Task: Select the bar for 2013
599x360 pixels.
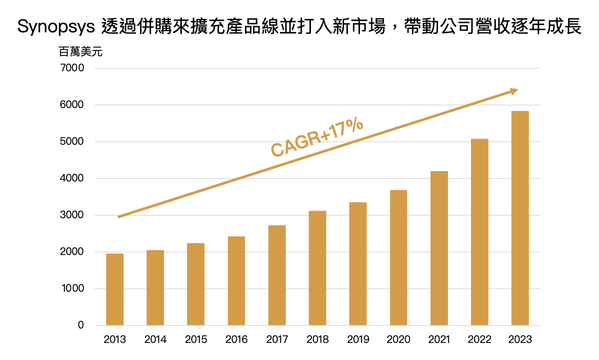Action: [115, 289]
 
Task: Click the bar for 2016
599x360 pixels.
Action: [236, 281]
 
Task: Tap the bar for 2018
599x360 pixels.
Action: [317, 268]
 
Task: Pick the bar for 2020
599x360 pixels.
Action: [399, 258]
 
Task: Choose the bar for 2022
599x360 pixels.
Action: [479, 232]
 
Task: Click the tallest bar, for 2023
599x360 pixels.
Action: [520, 218]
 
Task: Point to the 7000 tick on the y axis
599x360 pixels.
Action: [72, 68]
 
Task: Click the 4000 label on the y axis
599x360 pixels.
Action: [72, 178]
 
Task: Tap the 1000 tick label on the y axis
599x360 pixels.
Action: [73, 288]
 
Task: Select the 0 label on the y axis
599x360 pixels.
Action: [81, 325]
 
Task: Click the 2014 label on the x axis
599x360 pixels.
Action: [156, 339]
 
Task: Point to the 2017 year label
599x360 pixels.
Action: [277, 339]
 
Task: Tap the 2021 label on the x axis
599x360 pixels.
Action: [439, 339]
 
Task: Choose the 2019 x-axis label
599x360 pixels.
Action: [358, 339]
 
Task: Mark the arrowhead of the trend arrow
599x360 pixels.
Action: [514, 91]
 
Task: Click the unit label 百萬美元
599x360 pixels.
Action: [81, 52]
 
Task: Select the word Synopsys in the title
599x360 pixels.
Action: [56, 26]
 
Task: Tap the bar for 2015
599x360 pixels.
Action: [196, 284]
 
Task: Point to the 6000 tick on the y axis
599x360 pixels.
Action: [72, 105]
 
